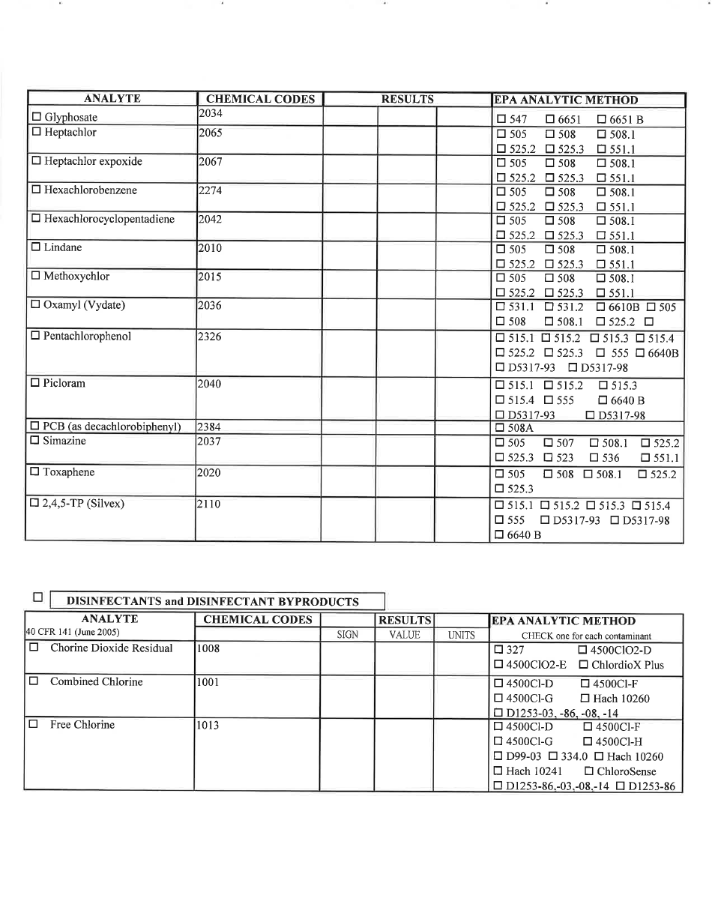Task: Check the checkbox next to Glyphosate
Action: (37, 117)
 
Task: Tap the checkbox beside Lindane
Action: (37, 247)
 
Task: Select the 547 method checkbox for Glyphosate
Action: (501, 119)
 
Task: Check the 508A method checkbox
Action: (501, 428)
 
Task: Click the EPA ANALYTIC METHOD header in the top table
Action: (566, 100)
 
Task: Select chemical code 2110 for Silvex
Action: (209, 504)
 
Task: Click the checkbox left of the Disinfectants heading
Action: (37, 597)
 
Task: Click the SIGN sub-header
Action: (348, 635)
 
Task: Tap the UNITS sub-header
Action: (462, 635)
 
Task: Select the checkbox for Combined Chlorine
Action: (34, 681)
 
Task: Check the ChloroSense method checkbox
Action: (589, 771)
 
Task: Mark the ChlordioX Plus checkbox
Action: (584, 665)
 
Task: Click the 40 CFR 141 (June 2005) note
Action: (73, 632)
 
